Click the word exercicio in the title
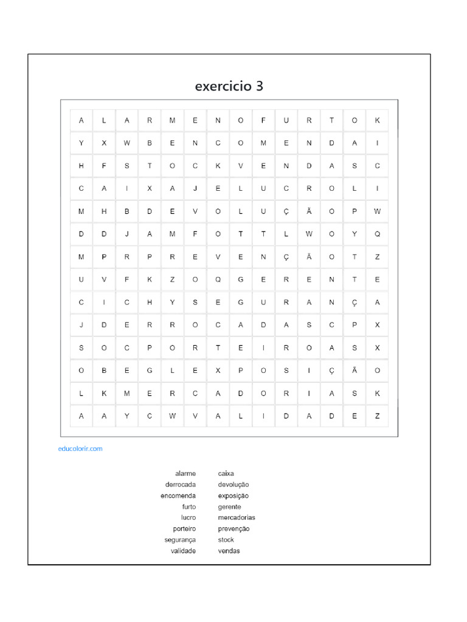click(x=221, y=86)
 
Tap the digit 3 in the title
click(x=260, y=86)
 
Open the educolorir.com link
click(x=80, y=449)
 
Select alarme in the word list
click(x=185, y=473)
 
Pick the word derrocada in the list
click(x=181, y=485)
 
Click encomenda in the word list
click(x=178, y=496)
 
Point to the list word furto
click(x=189, y=507)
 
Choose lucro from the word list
click(x=189, y=518)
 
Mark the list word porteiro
click(x=184, y=529)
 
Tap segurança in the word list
click(x=180, y=540)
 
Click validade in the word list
click(x=183, y=551)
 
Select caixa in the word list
click(x=226, y=473)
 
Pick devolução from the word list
click(x=233, y=485)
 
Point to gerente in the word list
click(x=230, y=507)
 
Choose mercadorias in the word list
click(x=237, y=518)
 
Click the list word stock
click(x=226, y=540)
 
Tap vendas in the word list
click(x=229, y=551)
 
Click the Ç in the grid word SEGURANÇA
click(x=355, y=302)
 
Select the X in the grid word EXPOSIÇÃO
click(x=218, y=371)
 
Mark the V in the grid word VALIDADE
click(x=195, y=416)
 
